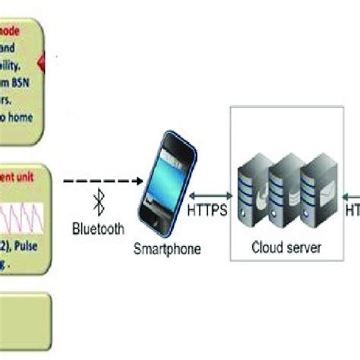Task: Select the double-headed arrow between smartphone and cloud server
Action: pyautogui.click(x=207, y=194)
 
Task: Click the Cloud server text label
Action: pyautogui.click(x=287, y=247)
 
